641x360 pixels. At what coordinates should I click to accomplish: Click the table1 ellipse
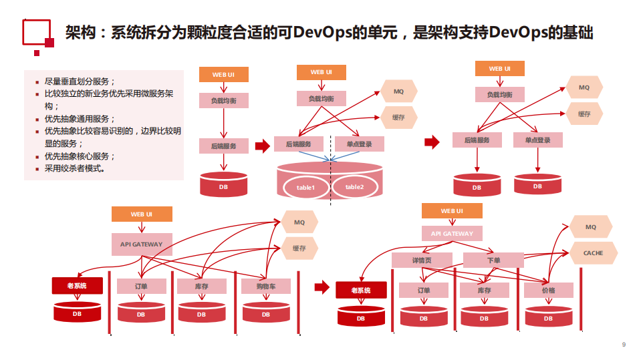305,188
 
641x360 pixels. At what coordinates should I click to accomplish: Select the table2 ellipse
354,187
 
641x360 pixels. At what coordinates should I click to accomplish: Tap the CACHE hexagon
593,253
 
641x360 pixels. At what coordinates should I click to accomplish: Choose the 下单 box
493,260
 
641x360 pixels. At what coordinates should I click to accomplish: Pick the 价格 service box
548,291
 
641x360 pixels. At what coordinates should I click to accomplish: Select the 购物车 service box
265,286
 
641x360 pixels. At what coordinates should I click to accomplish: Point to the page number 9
623,345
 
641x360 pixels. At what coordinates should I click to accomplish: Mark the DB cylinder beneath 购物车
265,313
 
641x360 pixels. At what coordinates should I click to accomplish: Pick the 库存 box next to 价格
484,291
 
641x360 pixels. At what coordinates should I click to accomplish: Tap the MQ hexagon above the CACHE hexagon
590,227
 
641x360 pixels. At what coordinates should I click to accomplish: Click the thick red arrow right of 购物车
322,287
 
